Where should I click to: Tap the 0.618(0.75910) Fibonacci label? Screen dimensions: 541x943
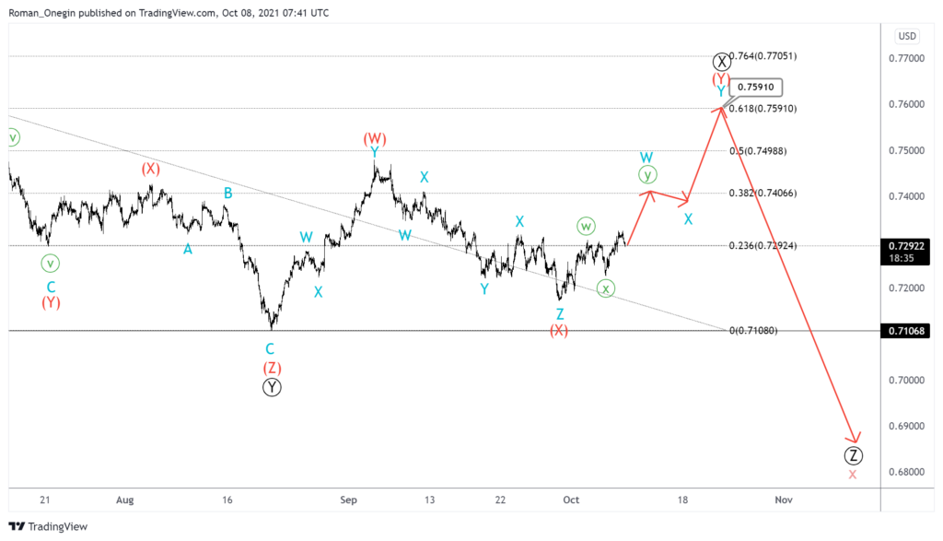coord(763,109)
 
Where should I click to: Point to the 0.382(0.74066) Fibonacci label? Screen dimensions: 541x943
coord(763,194)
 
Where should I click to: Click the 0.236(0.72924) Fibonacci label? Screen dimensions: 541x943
coord(763,245)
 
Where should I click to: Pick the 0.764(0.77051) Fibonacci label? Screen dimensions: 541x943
coord(763,56)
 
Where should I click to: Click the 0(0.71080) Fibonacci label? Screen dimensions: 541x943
coord(753,330)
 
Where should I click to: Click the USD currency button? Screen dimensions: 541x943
coord(907,36)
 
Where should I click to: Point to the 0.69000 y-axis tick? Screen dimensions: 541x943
coord(908,426)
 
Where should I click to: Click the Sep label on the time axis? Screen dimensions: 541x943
coord(348,500)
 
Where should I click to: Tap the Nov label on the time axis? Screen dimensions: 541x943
coord(783,500)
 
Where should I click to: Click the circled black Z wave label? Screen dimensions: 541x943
coord(854,455)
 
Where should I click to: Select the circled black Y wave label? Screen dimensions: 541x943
coord(272,388)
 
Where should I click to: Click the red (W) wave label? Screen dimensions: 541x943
coord(375,139)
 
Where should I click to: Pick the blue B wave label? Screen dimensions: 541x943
coord(227,193)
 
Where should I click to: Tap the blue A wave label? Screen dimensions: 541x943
coord(188,249)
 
